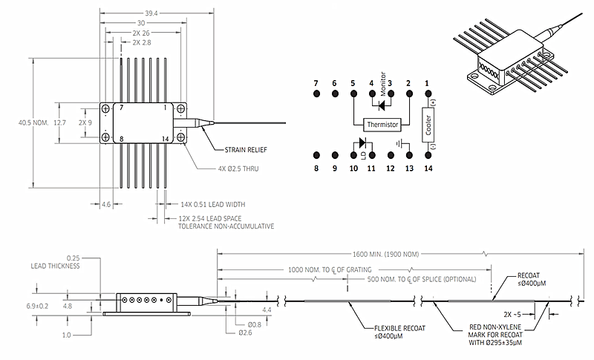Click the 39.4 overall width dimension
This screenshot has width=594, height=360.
[151, 13]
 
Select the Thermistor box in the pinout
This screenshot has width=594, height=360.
[382, 125]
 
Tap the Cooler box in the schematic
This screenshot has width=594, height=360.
[428, 125]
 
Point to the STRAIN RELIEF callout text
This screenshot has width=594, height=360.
[246, 150]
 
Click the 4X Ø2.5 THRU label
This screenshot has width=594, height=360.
[238, 168]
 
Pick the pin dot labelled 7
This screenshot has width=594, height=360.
[317, 94]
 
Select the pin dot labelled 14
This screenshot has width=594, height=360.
[428, 155]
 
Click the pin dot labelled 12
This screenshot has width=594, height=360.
[391, 155]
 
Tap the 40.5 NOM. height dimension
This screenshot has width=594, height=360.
[33, 122]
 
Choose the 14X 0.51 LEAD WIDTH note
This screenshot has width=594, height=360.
[213, 204]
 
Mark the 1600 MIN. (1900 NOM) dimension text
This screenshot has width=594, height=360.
[385, 255]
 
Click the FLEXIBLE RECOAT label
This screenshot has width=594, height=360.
[399, 328]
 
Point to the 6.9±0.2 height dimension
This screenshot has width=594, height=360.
[37, 306]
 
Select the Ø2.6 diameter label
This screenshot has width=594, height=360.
[245, 333]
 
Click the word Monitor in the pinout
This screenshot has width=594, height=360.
[383, 84]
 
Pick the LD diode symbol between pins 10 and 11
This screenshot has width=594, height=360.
[362, 143]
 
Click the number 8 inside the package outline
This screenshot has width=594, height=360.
[121, 139]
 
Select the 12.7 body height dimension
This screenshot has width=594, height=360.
[59, 122]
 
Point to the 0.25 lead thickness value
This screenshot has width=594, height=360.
[73, 258]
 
